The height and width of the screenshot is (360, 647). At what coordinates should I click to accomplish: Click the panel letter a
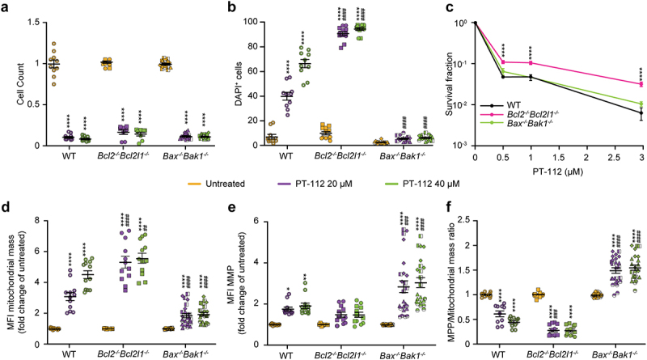tap(6, 6)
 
